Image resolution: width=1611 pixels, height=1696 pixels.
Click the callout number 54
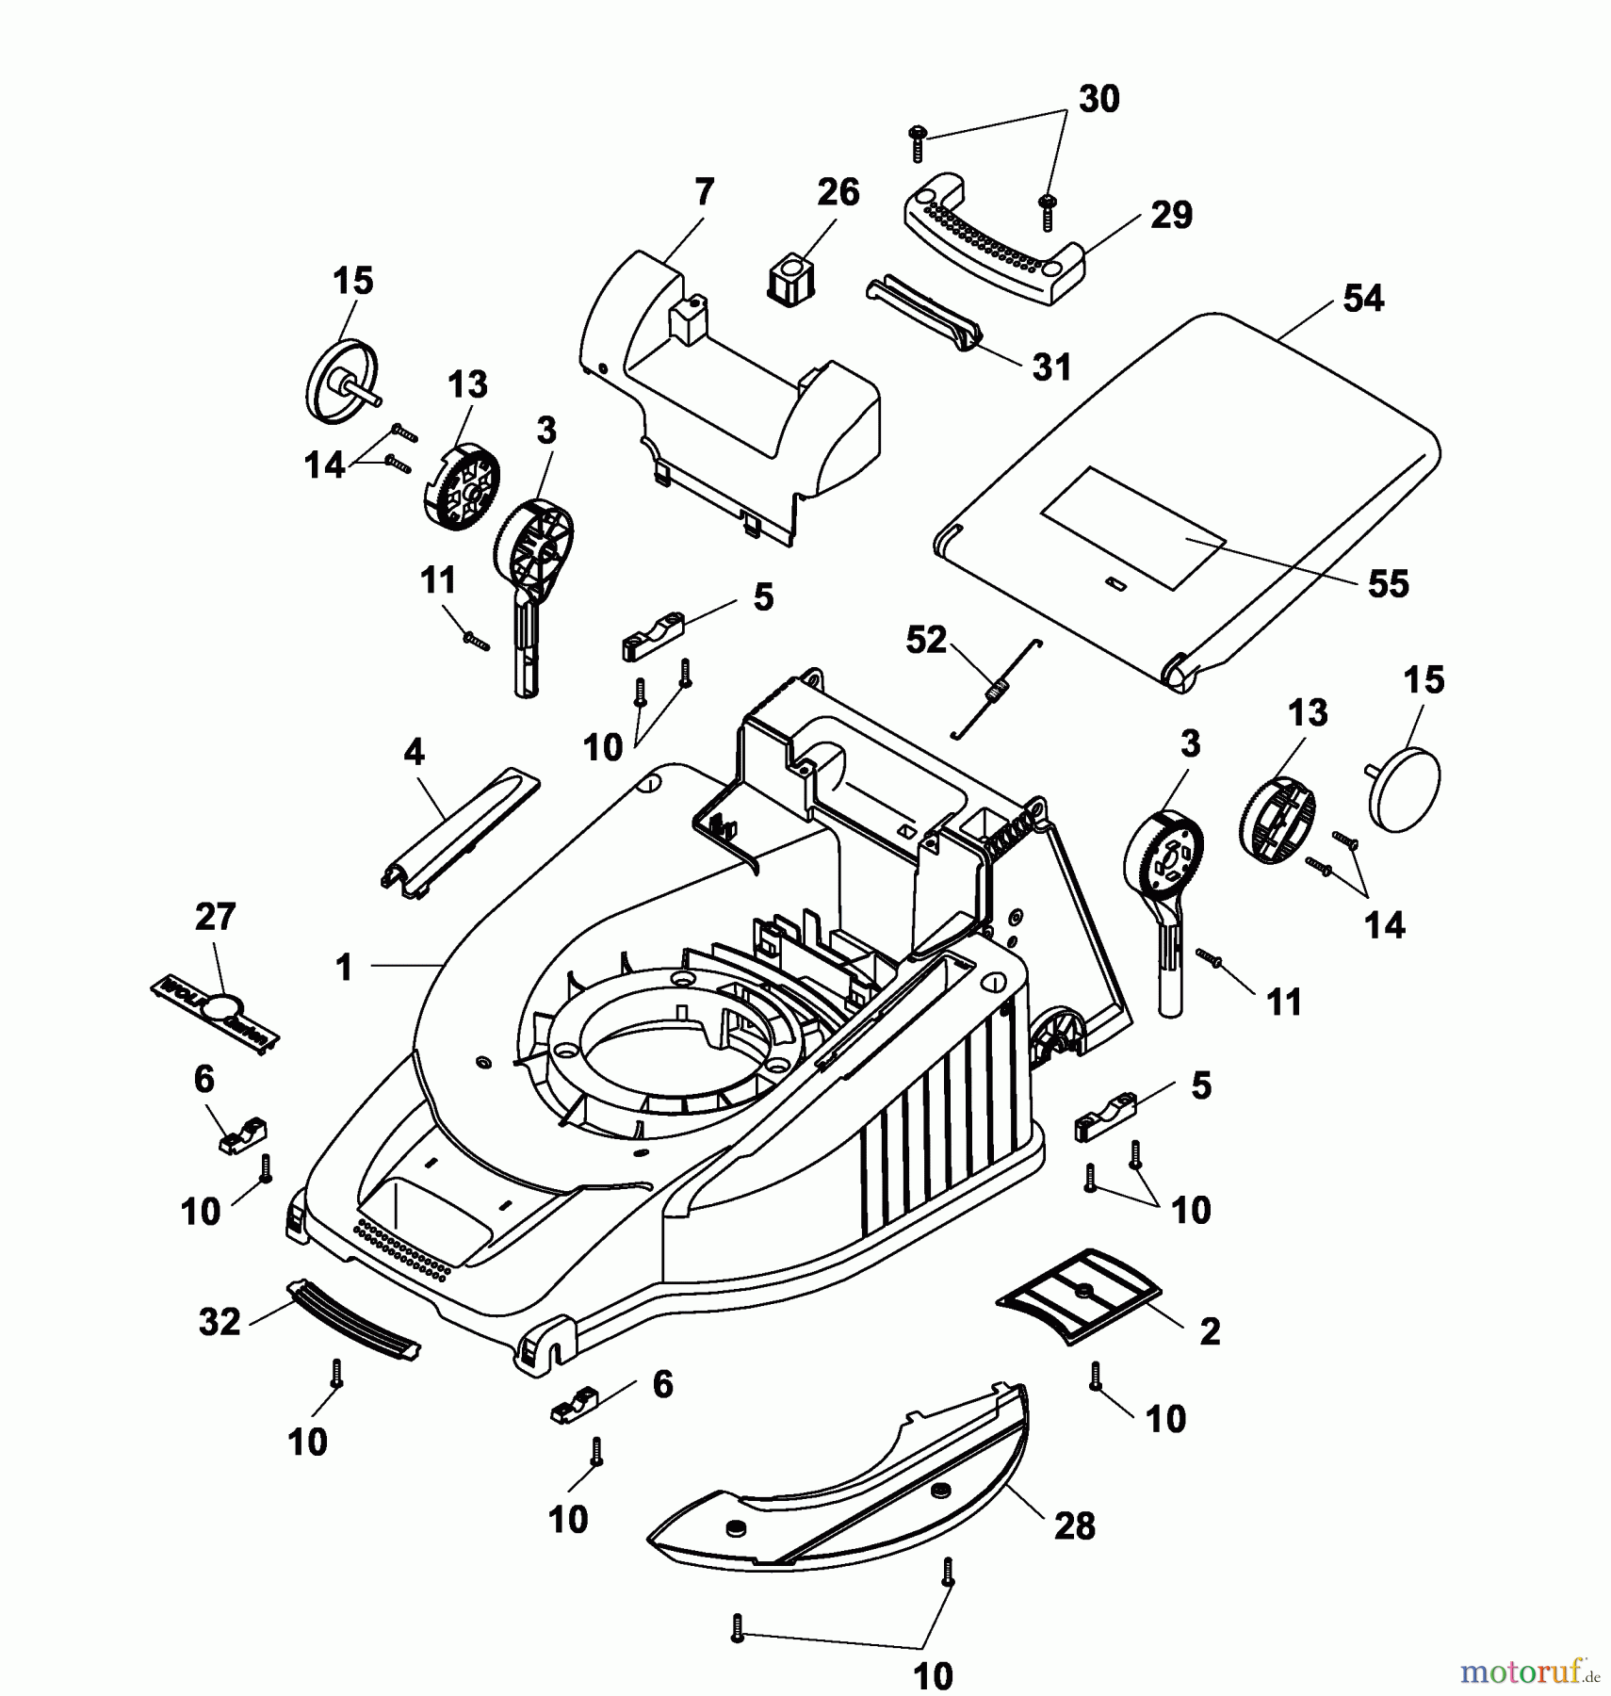(1362, 299)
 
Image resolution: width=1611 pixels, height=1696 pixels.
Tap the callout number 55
(1388, 583)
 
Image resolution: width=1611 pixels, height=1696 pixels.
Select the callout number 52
(925, 640)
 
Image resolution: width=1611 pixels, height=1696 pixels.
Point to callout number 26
(838, 192)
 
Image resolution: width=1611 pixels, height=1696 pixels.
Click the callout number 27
(215, 917)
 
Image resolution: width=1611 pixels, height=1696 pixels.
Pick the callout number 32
(220, 1322)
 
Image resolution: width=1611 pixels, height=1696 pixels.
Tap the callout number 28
(1074, 1525)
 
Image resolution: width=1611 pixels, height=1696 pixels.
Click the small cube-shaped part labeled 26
(789, 269)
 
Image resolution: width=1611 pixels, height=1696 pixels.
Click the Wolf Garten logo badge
(216, 1015)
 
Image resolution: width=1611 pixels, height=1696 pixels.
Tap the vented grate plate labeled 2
(1080, 1296)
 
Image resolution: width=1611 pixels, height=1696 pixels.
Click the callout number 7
(704, 192)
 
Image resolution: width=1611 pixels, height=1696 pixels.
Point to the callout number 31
(1051, 367)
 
